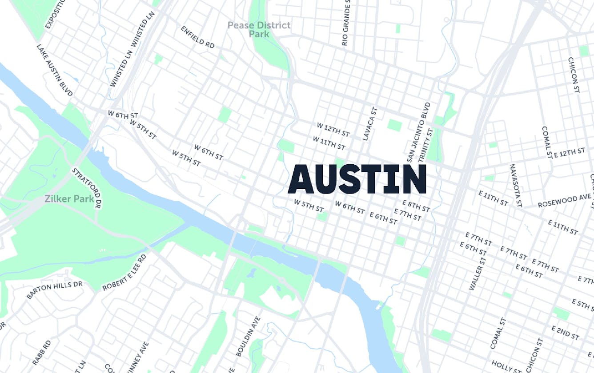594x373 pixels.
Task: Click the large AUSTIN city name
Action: (357, 179)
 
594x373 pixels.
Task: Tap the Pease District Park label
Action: (259, 29)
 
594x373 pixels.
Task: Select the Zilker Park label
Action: (69, 198)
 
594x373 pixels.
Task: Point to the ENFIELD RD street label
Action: (197, 37)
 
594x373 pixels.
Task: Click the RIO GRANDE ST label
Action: (346, 23)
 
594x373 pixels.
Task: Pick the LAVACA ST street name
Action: (369, 124)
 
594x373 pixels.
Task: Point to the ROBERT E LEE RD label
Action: (124, 273)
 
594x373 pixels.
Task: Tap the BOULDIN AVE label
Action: (248, 336)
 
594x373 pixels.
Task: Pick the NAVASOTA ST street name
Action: (516, 185)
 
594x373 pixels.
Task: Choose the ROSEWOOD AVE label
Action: (564, 201)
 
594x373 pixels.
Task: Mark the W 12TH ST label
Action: (333, 130)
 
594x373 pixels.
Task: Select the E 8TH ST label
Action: (416, 206)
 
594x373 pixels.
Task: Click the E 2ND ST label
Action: (565, 333)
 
